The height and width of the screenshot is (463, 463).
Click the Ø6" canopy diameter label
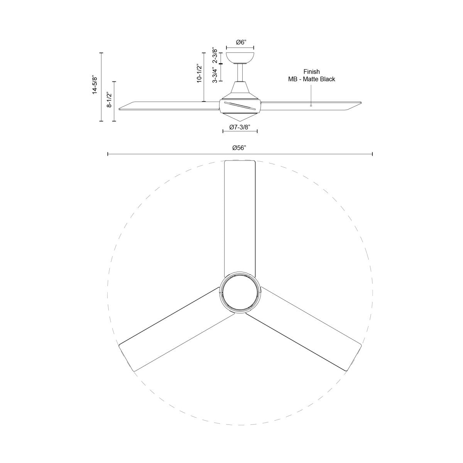coord(240,42)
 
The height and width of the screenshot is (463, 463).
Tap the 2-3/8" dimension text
coord(215,56)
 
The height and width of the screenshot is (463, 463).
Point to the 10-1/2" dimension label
coord(199,73)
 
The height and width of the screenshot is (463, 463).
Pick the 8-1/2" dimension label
coord(110,100)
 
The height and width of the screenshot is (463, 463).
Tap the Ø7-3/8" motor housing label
coord(240,127)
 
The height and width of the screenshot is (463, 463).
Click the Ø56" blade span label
coord(239,148)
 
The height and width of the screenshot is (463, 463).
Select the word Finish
coord(311,72)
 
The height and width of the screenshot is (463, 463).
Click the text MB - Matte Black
coord(311,79)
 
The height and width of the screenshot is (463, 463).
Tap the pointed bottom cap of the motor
coord(239,117)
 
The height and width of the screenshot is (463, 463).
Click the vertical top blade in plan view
coord(240,216)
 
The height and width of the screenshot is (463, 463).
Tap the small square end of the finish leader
coord(311,105)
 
